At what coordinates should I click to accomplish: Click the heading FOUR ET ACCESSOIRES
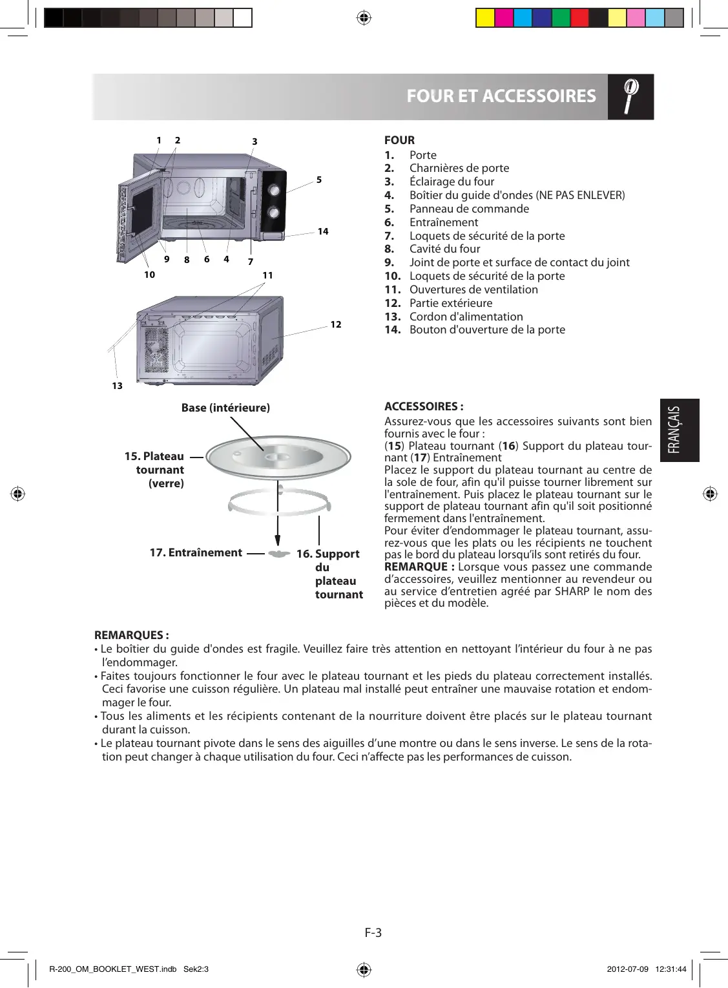coord(501,96)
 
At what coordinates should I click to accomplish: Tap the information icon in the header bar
coord(630,96)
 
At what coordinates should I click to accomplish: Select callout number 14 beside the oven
coord(323,231)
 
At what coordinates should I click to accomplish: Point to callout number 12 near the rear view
coord(336,324)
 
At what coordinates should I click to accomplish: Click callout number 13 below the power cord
coord(117,386)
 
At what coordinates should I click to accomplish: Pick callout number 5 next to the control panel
coord(319,180)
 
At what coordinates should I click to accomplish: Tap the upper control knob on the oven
coord(275,190)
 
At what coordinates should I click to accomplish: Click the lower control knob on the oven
coord(274,212)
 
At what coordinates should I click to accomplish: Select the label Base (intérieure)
coord(225,408)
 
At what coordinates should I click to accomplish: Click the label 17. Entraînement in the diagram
coord(196,552)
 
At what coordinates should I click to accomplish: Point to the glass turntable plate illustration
coord(278,456)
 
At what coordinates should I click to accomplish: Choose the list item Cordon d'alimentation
coord(466,317)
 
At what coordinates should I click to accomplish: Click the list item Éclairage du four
coord(452,182)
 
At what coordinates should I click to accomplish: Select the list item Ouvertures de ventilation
coord(473,289)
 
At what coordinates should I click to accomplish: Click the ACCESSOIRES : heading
coord(424,406)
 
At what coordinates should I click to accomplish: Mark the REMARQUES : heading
coord(132,635)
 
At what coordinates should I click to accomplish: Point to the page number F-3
coord(373,932)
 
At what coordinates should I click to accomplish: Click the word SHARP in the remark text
coord(570,591)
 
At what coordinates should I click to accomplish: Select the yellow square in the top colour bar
coord(485,17)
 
